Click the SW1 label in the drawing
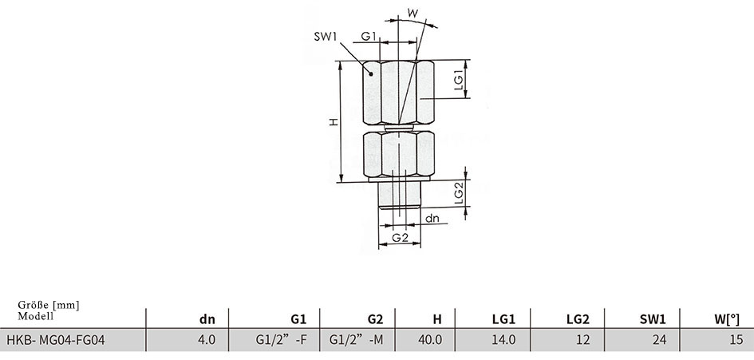326,37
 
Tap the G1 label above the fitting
369,36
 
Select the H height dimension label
334,122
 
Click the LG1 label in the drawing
459,80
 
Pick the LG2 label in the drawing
459,193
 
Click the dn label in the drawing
432,218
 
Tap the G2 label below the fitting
400,237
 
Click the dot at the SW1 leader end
371,73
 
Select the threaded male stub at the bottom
400,195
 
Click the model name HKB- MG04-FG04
55,340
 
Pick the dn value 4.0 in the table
207,340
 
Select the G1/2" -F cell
281,340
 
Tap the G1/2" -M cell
357,340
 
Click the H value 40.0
430,340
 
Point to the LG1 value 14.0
504,340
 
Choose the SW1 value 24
660,340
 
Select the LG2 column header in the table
578,318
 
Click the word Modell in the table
36,316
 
